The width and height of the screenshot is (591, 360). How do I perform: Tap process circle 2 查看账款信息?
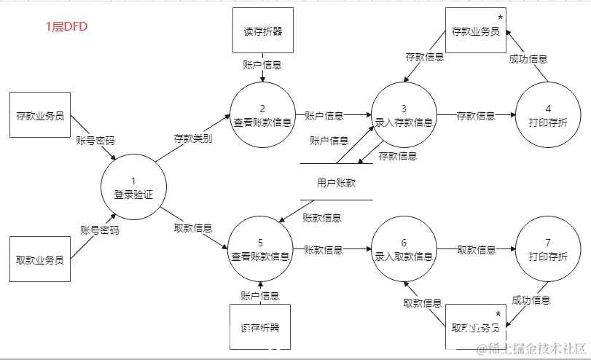(262, 115)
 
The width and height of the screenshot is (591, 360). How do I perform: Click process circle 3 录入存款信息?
(404, 115)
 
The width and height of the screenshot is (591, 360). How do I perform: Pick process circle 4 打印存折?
(547, 115)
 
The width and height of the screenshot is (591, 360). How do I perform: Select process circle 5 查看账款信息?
(261, 250)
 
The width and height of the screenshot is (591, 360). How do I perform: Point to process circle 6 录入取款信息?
(404, 250)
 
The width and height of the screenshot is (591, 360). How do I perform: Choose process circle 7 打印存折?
(547, 250)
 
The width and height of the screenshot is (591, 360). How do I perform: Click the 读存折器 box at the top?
(262, 31)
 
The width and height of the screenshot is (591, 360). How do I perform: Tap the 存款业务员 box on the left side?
(41, 115)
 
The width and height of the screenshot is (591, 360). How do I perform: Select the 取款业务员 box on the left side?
(41, 259)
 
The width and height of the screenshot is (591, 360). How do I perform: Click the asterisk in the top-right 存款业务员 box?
(500, 17)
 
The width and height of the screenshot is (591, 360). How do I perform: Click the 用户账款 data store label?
(336, 183)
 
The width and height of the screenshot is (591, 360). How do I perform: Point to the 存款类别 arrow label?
(192, 138)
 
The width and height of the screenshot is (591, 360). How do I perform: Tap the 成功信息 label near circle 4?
(528, 59)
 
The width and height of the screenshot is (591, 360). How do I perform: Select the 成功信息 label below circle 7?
(531, 300)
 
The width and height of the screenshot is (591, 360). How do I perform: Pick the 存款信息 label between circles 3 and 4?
(475, 115)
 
